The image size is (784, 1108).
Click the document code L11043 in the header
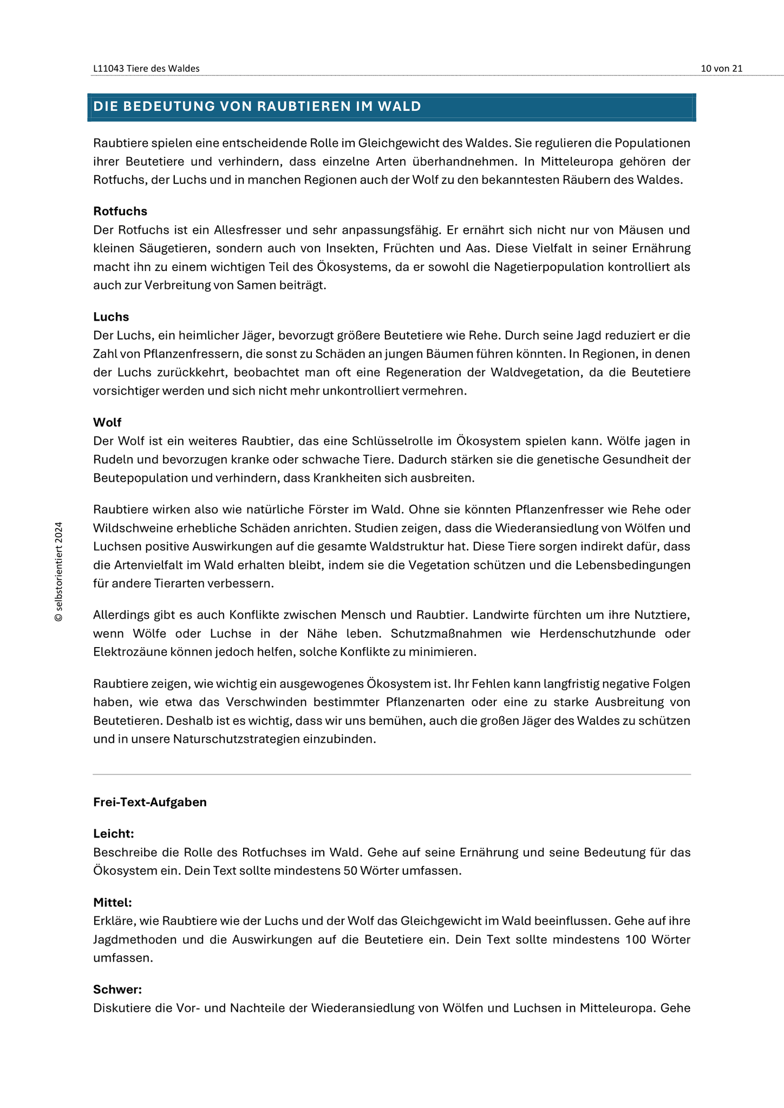pos(108,68)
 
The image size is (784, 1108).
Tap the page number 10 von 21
pos(721,68)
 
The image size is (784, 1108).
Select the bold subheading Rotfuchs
pos(120,211)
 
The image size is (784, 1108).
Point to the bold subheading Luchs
pos(111,316)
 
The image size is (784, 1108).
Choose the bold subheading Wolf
pos(107,422)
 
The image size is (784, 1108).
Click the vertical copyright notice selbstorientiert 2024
pos(58,571)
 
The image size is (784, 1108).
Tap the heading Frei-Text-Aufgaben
pos(150,802)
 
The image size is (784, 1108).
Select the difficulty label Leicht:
pos(114,834)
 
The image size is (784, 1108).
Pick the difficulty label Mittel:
pos(113,902)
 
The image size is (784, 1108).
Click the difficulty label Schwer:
pos(117,990)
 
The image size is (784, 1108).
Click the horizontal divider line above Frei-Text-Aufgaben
pos(392,775)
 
